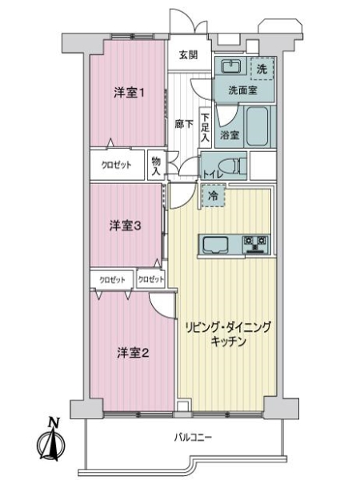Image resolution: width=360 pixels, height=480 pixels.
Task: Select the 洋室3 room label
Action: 126,226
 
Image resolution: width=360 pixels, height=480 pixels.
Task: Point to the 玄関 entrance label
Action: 189,55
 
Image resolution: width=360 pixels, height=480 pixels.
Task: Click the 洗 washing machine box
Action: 262,69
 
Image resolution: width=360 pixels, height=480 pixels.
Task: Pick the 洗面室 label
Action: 240,90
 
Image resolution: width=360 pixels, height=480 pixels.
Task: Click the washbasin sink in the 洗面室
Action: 232,67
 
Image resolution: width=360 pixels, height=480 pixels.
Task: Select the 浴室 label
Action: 230,134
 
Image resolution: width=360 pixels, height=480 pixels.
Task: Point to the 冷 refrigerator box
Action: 213,194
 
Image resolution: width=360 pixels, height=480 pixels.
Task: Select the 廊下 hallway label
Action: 183,124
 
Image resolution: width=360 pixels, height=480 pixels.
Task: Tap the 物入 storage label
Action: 157,166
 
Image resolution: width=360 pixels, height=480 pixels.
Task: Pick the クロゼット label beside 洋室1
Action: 117,164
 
